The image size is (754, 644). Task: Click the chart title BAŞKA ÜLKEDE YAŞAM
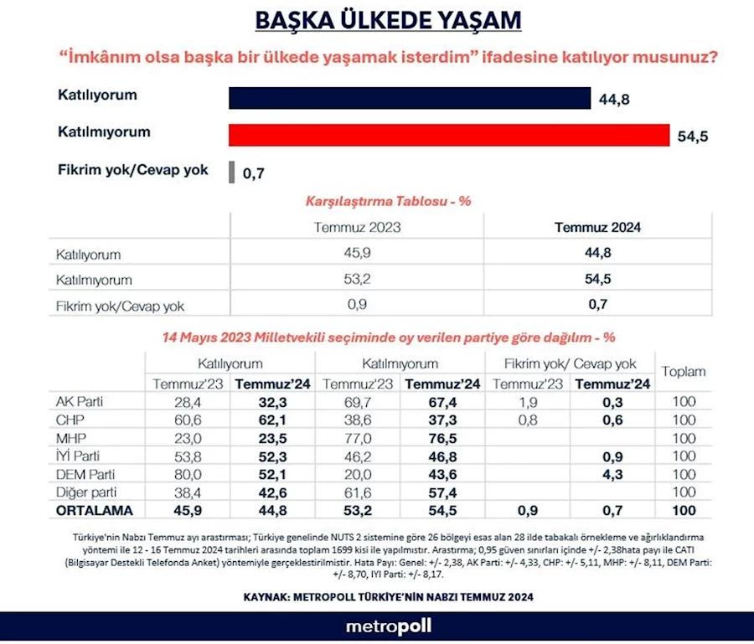(376, 20)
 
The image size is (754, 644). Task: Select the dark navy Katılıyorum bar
(410, 99)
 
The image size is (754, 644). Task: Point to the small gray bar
(231, 172)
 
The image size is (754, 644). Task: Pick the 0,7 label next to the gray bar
(253, 174)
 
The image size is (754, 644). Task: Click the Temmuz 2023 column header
(357, 227)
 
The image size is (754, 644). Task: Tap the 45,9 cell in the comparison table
(357, 254)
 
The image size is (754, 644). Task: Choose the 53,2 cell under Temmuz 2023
(357, 279)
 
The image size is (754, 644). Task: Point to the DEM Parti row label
(84, 473)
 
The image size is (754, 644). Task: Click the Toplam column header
(684, 371)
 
